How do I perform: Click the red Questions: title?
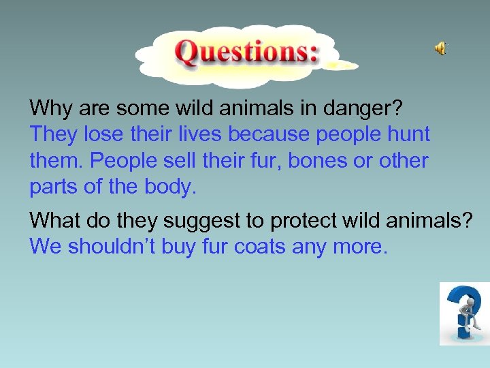(x=247, y=52)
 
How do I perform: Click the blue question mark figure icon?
(x=464, y=313)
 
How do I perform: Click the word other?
(x=404, y=161)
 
